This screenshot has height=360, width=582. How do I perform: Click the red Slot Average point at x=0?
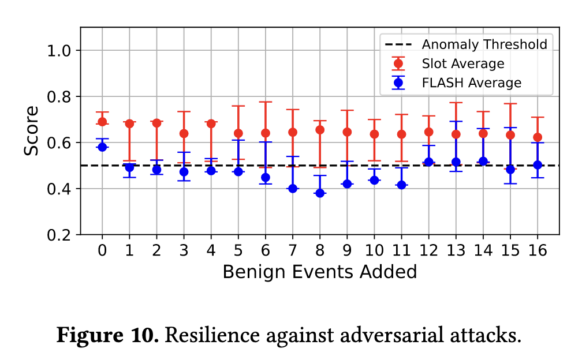pos(102,122)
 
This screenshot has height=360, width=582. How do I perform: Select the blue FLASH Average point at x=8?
pos(320,193)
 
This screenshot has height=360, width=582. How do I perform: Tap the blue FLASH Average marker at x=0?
pos(102,147)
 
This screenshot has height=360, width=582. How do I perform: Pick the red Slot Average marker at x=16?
pos(538,137)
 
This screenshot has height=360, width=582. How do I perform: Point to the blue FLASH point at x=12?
pos(429,162)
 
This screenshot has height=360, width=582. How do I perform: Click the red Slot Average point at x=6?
pos(266,133)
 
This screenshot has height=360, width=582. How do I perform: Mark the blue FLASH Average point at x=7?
pos(293,189)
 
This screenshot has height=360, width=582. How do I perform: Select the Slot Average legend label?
pos(463,63)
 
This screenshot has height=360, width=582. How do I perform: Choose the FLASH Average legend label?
pos(472,82)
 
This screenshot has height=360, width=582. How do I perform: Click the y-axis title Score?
pos(32,130)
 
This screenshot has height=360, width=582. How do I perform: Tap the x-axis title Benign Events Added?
pos(319,272)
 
